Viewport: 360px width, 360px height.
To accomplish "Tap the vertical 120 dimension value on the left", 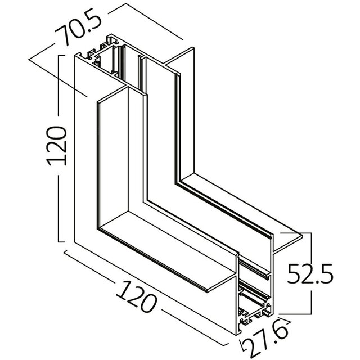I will pyautogui.click(x=57, y=146).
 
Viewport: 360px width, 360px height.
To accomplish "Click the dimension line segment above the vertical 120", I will pyautogui.click(x=58, y=90).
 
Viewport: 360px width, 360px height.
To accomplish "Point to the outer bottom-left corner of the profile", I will pyautogui.click(x=75, y=243).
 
